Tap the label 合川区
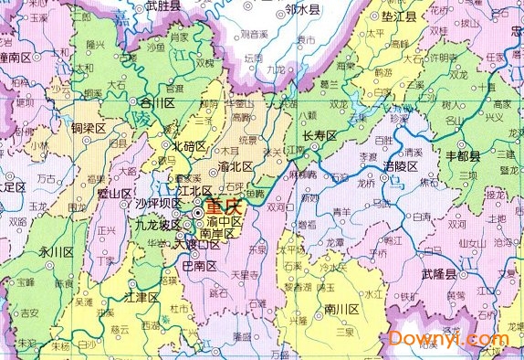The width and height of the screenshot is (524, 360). [x=152, y=103]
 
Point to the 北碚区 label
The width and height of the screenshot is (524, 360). [x=189, y=146]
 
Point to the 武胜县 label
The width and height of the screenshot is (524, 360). [x=162, y=7]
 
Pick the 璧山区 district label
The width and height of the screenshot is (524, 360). [x=117, y=193]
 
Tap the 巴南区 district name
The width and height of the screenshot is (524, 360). [x=199, y=267]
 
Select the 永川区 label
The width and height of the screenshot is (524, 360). [x=56, y=251]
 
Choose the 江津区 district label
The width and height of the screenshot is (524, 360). [x=141, y=298]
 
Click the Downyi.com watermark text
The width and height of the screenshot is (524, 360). [x=449, y=338]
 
